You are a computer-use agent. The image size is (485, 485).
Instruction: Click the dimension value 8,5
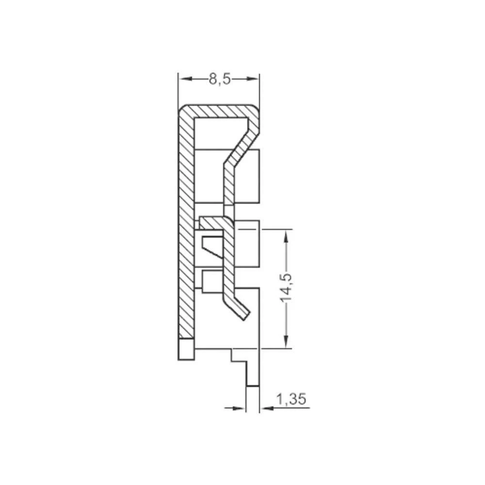pyautogui.click(x=219, y=79)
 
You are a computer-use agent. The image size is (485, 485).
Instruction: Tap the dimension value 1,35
pyautogui.click(x=291, y=399)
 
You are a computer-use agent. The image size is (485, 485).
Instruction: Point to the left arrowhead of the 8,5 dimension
pyautogui.click(x=184, y=79)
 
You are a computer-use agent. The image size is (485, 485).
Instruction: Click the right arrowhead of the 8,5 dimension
pyautogui.click(x=254, y=79)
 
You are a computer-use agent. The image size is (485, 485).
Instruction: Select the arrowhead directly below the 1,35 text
pyautogui.click(x=266, y=408)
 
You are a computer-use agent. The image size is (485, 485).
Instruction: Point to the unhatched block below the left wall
pyautogui.click(x=186, y=349)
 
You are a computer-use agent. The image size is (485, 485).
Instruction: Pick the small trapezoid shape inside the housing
pyautogui.click(x=211, y=245)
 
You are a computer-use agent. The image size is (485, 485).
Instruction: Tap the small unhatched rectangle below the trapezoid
pyautogui.click(x=211, y=282)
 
